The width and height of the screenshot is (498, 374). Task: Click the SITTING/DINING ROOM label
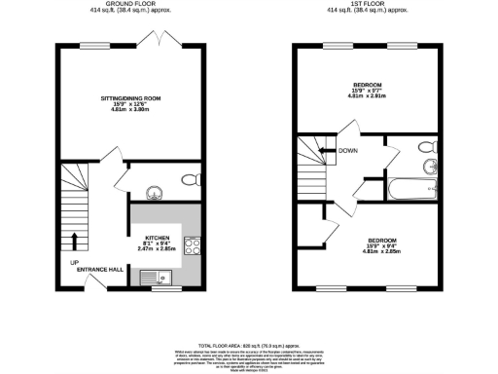pyautogui.click(x=130, y=99)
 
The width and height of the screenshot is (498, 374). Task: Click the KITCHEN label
pyautogui.click(x=158, y=239)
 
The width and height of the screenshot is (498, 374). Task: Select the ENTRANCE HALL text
pyautogui.click(x=100, y=271)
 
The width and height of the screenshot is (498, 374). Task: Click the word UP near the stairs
pyautogui.click(x=73, y=263)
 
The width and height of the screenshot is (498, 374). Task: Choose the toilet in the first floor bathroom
pyautogui.click(x=424, y=146)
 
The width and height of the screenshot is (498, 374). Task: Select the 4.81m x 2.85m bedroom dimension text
pyautogui.click(x=381, y=251)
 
